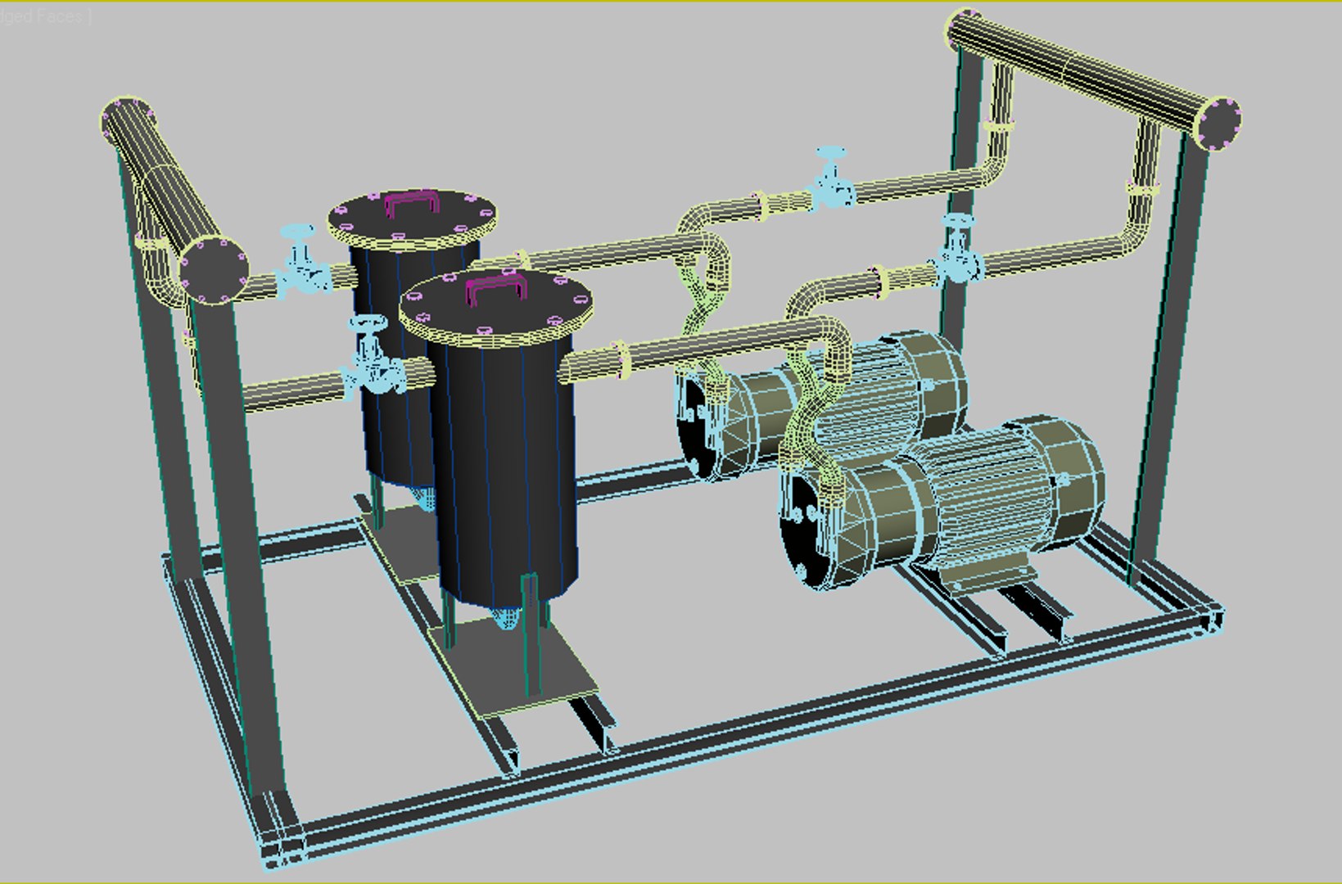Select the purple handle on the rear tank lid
pos(411,201)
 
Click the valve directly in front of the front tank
pos(373,360)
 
